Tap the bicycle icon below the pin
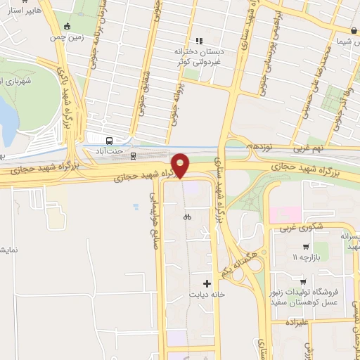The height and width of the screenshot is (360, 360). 187,217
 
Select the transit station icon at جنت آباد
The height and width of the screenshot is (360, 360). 108,140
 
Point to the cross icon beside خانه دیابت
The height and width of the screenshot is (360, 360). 206,283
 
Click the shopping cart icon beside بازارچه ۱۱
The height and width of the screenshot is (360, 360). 305,247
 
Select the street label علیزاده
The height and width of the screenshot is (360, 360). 289,321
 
